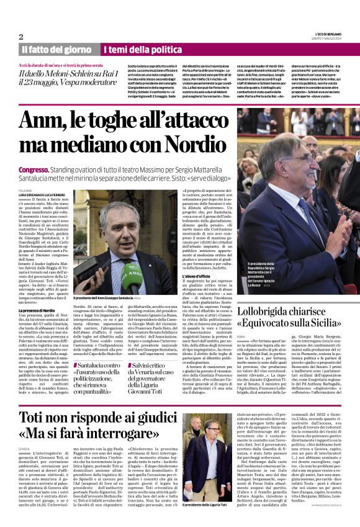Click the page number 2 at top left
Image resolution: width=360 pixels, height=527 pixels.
21,37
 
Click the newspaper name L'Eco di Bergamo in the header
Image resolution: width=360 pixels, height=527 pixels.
327,34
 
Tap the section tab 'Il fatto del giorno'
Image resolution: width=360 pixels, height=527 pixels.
56,49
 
